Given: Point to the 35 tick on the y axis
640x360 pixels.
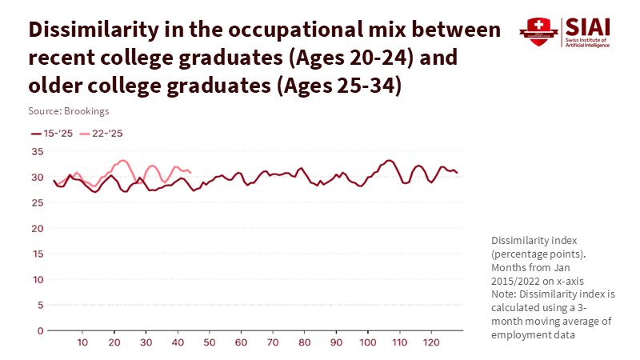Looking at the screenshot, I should coord(37,151).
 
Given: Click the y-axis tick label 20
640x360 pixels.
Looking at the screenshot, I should coord(37,228).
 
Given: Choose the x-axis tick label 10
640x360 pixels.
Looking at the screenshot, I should coord(83,342).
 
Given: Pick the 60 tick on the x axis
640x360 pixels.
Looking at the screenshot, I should coord(241,342).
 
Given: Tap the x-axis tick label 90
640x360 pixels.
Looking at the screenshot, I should coord(336,342).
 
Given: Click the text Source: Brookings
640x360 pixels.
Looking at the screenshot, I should coord(69,111).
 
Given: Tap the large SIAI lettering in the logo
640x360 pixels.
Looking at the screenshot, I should coord(587,26).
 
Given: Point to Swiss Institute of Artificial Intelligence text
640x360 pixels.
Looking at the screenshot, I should coord(587,42).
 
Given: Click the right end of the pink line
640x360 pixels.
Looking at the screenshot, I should coord(190,172).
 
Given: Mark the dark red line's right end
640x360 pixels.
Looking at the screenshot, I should coord(457,173).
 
